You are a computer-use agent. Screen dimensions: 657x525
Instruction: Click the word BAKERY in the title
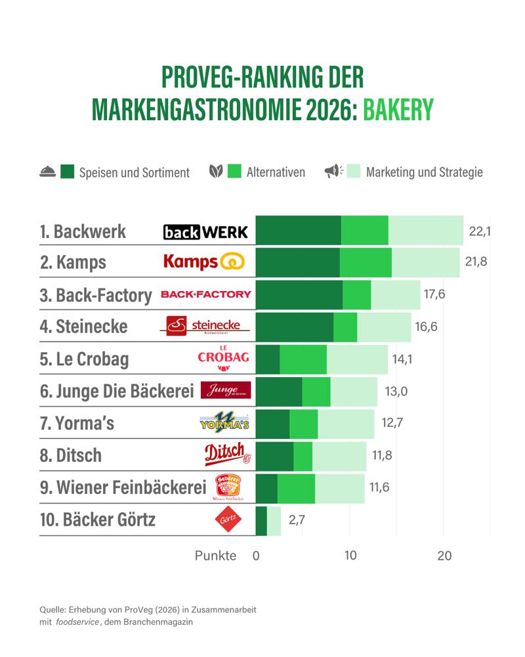click(398, 110)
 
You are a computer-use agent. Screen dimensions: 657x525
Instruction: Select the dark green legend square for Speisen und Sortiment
click(67, 172)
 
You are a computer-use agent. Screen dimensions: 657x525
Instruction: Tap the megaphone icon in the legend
click(333, 171)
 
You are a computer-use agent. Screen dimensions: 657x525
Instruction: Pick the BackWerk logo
click(205, 232)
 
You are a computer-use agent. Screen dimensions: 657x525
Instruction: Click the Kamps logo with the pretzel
click(203, 262)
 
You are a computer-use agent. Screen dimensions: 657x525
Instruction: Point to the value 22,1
click(480, 231)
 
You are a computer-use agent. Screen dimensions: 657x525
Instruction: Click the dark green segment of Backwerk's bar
click(298, 231)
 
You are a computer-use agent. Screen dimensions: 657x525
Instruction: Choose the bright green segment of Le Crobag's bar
click(303, 359)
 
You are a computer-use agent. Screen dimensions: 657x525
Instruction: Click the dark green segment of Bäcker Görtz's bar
click(261, 521)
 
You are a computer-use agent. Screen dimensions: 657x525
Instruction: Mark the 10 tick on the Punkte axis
click(350, 556)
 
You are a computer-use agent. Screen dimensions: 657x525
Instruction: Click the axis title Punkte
click(215, 556)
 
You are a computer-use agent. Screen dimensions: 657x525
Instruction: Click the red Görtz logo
click(229, 521)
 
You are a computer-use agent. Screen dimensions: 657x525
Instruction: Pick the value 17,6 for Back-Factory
click(434, 294)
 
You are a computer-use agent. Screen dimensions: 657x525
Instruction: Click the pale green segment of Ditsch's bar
click(339, 456)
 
